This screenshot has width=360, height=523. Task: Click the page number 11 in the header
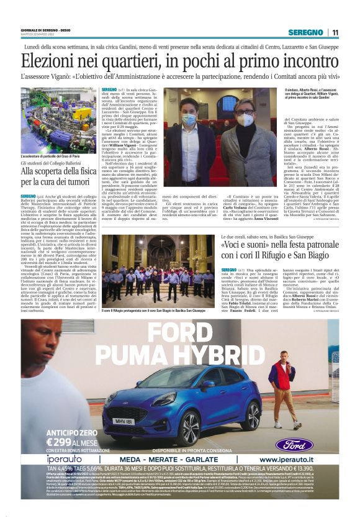(x=335, y=32)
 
